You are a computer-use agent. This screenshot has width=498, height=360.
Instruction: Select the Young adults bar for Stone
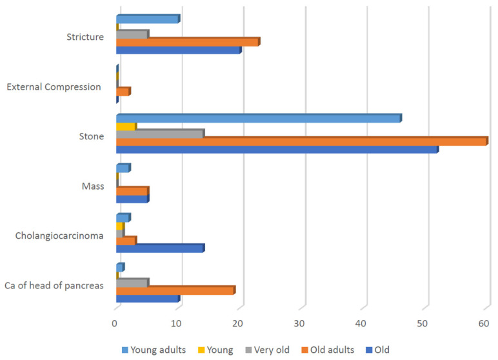[x=259, y=118]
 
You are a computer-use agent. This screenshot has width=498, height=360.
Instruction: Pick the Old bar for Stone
[x=277, y=150]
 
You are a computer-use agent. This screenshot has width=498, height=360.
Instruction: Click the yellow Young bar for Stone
[x=126, y=126]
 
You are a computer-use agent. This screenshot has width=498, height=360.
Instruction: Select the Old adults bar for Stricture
[x=188, y=42]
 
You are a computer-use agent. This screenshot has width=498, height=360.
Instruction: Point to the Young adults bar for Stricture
[x=148, y=19]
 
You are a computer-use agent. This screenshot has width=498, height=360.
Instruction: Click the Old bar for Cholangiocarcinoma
[x=160, y=248]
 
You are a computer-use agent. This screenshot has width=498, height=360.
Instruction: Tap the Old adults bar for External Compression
[x=123, y=92]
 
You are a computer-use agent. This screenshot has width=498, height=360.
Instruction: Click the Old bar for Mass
[x=132, y=199]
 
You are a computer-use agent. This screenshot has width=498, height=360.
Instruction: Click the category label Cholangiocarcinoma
[x=59, y=235]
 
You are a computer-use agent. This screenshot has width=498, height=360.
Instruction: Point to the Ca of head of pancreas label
[x=54, y=285]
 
